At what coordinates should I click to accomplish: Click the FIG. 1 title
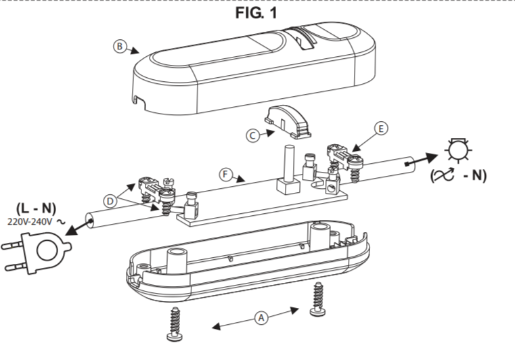pos(256,13)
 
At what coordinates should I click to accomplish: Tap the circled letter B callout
pos(120,46)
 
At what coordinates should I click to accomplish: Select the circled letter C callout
pos(252,135)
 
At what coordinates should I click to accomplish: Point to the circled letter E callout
pos(381,129)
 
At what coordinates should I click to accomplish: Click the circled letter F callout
pos(225,174)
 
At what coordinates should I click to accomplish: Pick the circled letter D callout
pos(110,201)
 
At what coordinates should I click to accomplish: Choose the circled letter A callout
pos(261,317)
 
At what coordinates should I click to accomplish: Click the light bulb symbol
pos(458,150)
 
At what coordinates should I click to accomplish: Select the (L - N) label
pos(37,208)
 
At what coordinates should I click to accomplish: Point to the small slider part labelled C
pos(287,122)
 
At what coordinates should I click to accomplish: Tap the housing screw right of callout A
pos(318,300)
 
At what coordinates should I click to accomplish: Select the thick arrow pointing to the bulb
pos(422,159)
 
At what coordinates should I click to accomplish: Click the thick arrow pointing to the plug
pos(79,227)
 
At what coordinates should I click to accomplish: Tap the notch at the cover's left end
pos(140,102)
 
